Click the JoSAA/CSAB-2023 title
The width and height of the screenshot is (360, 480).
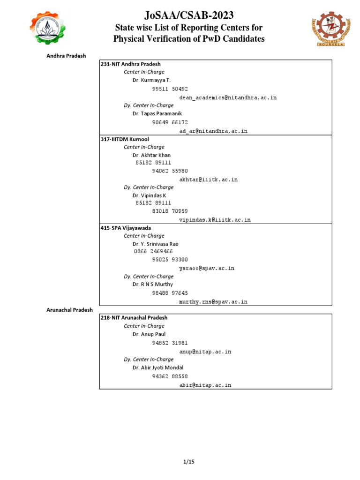pos(189,15)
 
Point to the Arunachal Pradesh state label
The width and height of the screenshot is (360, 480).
pos(69,310)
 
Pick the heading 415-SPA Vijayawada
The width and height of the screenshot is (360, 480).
pos(126,228)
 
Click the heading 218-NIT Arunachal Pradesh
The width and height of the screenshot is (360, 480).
pos(134,318)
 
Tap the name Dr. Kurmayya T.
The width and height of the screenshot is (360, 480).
pos(152,81)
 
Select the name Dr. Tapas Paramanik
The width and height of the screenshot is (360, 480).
pos(157,114)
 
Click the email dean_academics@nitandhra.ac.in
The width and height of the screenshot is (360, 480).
pos(228,97)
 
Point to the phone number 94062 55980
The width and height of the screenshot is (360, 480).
pos(170,171)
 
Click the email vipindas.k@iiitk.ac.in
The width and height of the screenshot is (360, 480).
pos(215,219)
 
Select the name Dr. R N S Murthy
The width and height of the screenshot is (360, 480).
pos(153,284)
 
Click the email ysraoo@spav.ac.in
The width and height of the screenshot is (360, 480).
pos(207,269)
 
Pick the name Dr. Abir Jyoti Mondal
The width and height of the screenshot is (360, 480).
pos(158,368)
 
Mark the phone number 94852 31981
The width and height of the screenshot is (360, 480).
pos(170,343)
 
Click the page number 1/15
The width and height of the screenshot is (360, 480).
pos(188,462)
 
